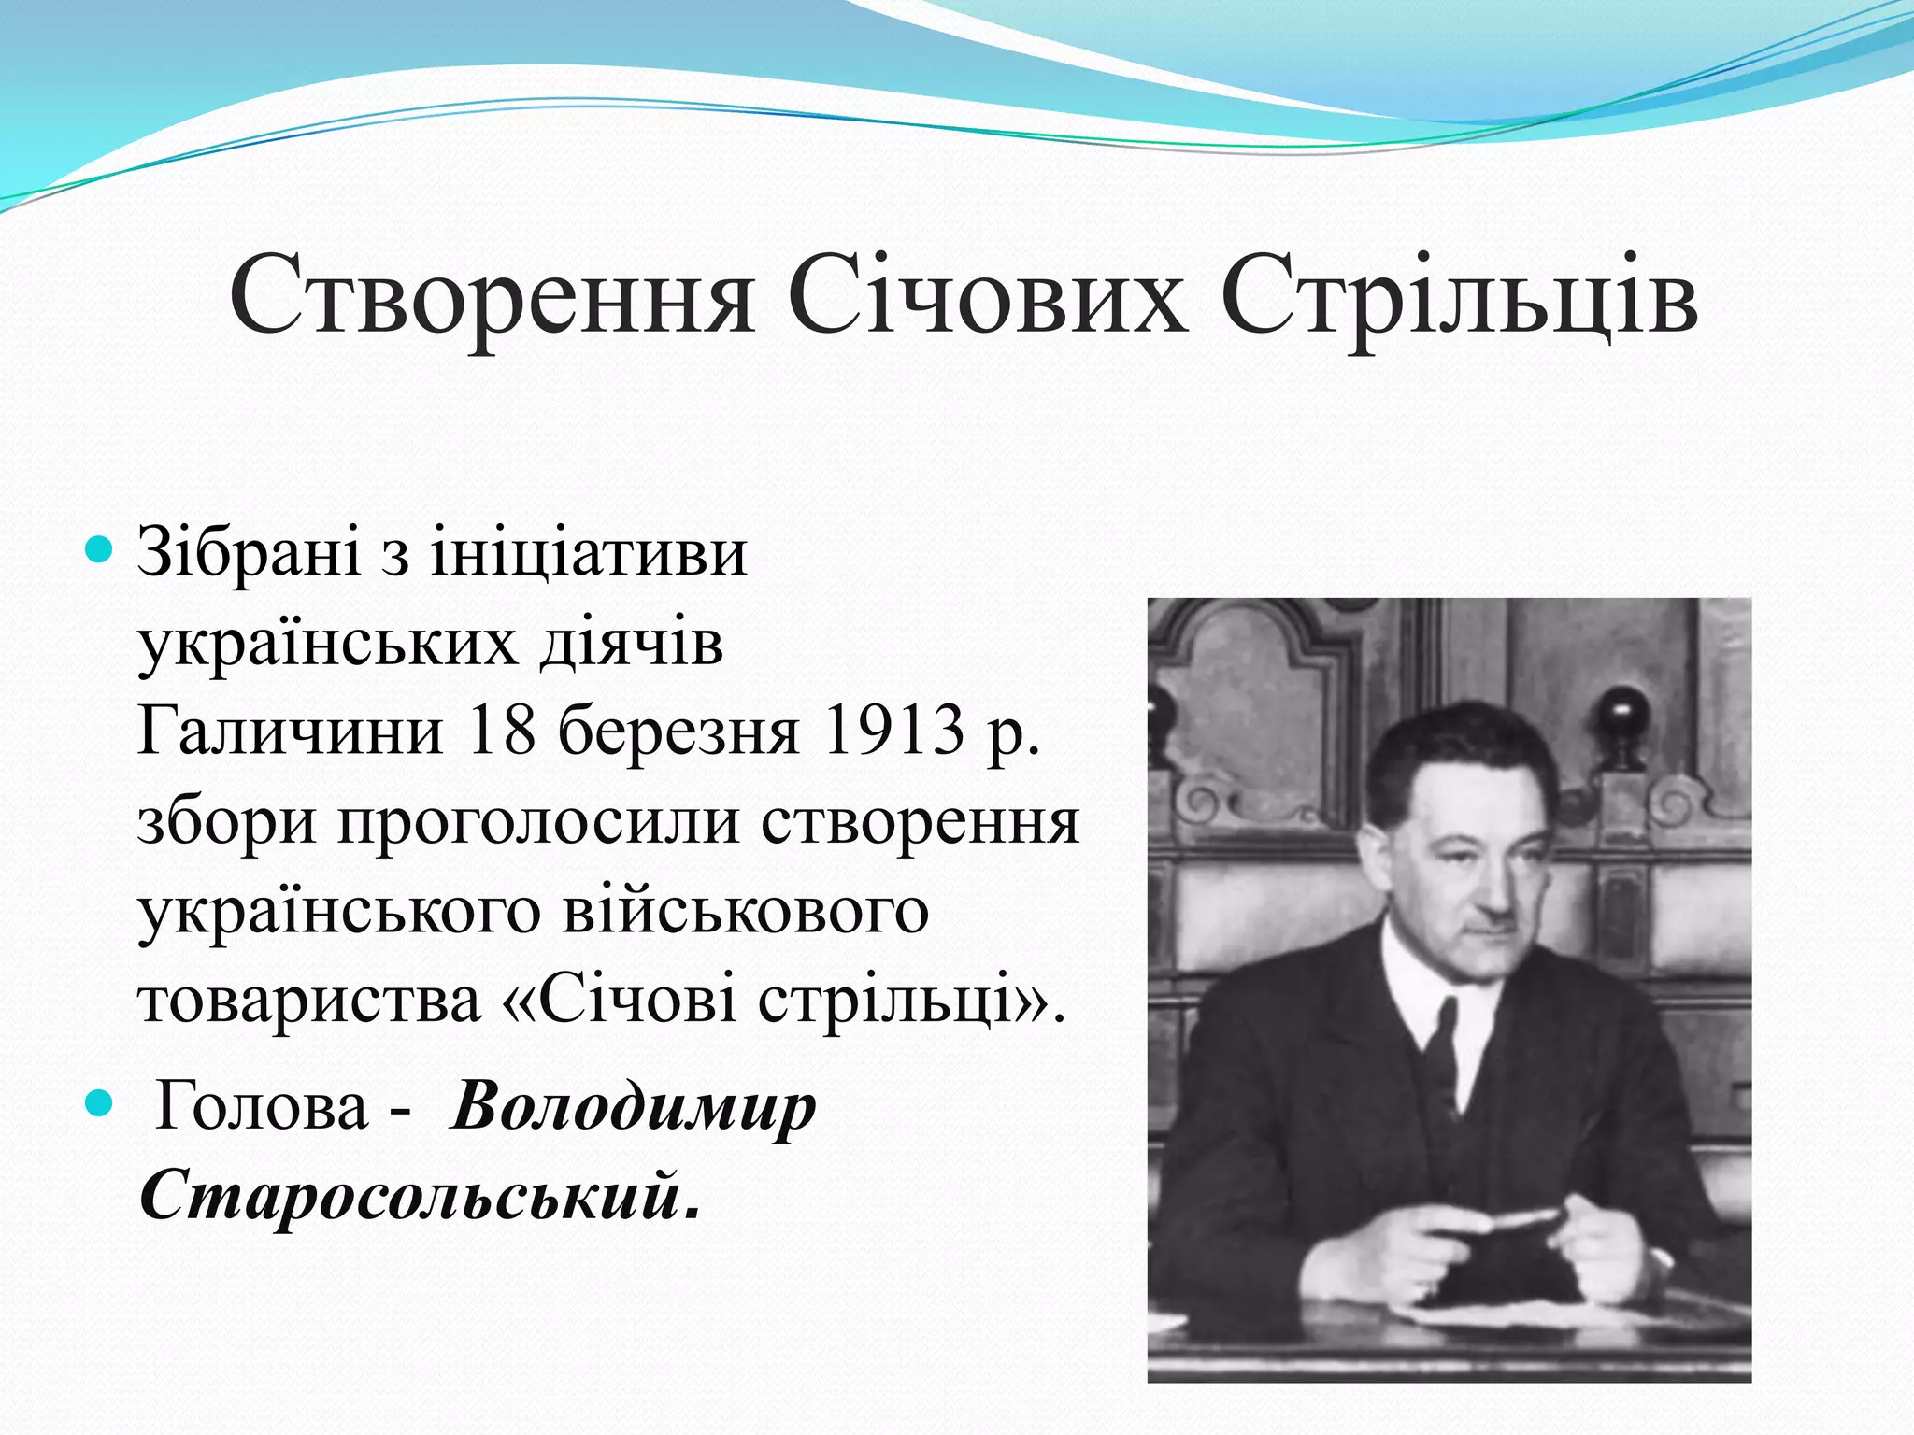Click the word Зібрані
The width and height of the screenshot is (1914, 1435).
(249, 553)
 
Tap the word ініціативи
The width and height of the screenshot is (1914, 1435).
(589, 553)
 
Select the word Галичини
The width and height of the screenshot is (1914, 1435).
(290, 732)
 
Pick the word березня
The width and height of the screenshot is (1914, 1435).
(679, 732)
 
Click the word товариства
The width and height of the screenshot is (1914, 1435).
(309, 1000)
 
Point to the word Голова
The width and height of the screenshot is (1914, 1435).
(261, 1106)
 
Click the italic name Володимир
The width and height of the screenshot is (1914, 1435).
(634, 1108)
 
